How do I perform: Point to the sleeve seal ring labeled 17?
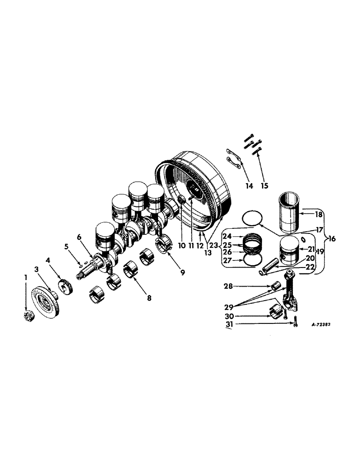tap(253, 218)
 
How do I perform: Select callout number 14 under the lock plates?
tap(249, 186)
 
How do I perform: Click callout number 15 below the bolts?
tap(264, 186)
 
